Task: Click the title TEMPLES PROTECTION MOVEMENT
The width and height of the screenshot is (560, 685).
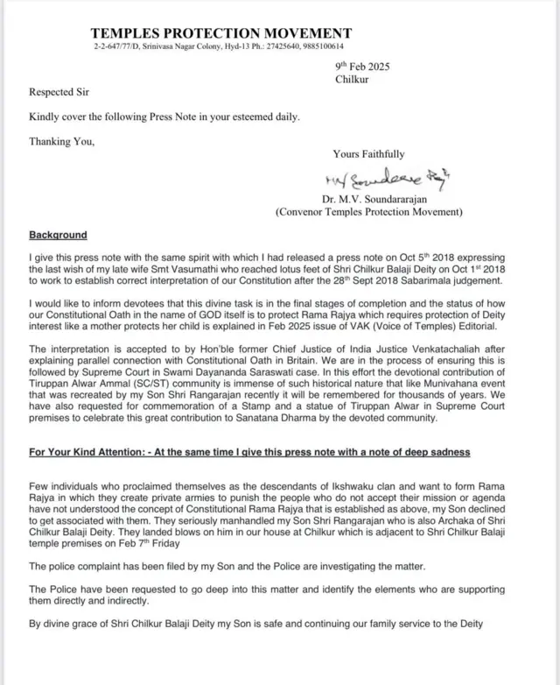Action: click(221, 33)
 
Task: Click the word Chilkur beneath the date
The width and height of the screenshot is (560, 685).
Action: click(353, 80)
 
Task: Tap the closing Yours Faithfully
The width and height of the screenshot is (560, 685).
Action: click(368, 154)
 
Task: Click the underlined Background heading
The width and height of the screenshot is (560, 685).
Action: click(58, 236)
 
